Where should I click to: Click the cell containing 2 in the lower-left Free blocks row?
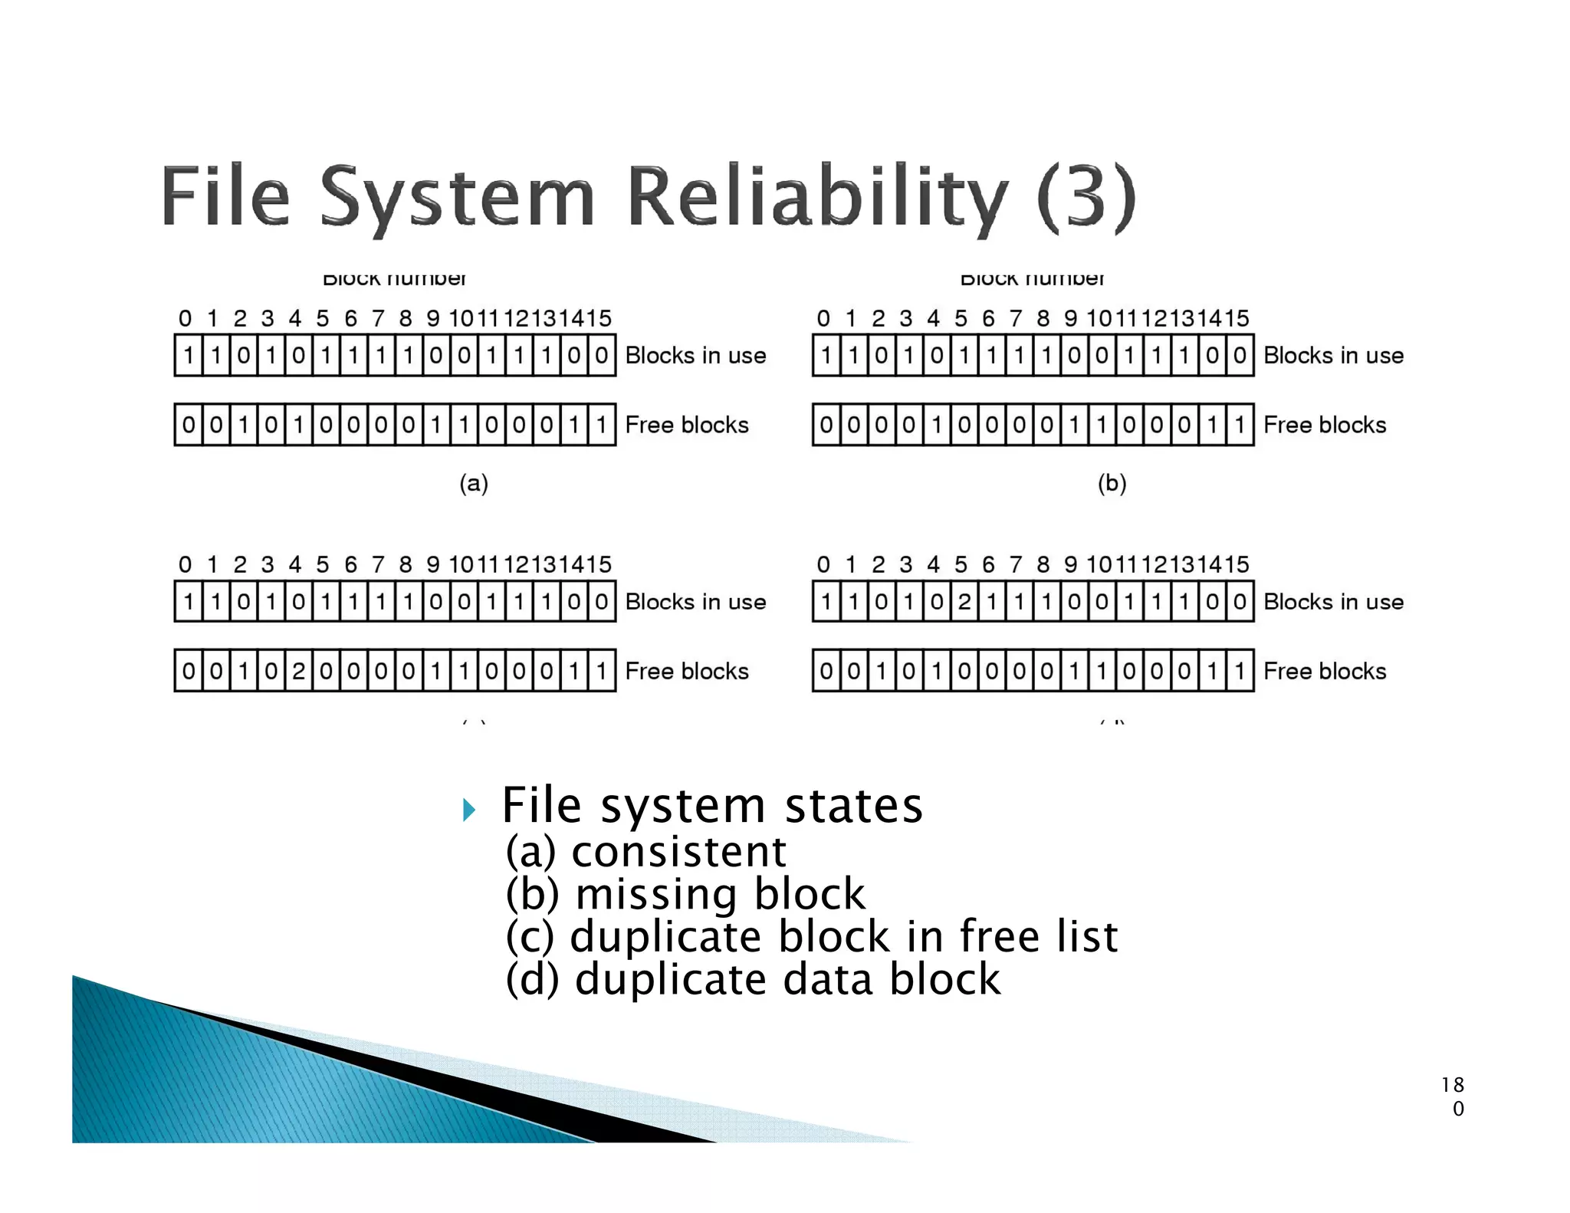298,672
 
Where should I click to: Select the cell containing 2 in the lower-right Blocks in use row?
964,602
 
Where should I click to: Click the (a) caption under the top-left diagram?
474,483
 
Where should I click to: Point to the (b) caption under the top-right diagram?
1112,483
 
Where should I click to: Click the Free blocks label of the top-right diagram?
1324,425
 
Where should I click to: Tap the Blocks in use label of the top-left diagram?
695,356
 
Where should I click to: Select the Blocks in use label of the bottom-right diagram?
1333,602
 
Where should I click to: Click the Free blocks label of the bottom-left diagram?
686,672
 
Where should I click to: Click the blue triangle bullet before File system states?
469,810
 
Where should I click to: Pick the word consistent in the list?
678,852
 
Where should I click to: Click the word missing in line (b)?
655,895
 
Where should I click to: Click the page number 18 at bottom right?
1452,1085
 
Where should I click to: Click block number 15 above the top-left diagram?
599,318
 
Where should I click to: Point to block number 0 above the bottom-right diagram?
823,565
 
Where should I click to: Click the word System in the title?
457,197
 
